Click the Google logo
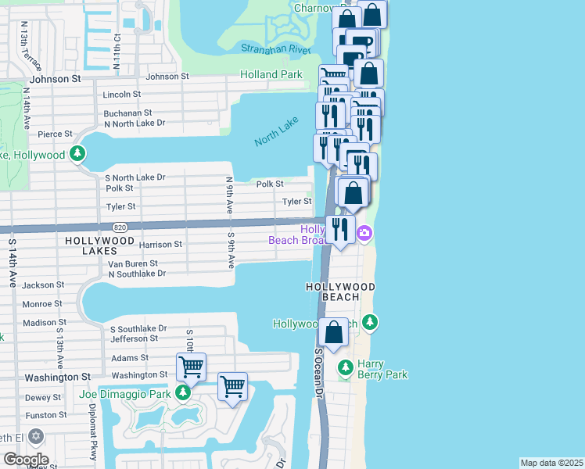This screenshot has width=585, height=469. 25,459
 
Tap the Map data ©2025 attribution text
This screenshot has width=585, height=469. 551,463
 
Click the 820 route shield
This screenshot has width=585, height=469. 120,227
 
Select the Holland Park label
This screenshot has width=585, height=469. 271,74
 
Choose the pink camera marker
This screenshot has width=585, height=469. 364,234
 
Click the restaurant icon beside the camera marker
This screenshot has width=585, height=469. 339,230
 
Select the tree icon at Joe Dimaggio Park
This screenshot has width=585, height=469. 182,393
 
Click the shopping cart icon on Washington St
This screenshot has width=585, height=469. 191,366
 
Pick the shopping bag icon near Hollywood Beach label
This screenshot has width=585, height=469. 334,331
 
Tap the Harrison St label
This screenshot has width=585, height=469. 160,244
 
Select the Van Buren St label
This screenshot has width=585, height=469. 133,264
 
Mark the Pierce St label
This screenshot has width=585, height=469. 55,134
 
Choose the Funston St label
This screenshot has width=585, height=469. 41,415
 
